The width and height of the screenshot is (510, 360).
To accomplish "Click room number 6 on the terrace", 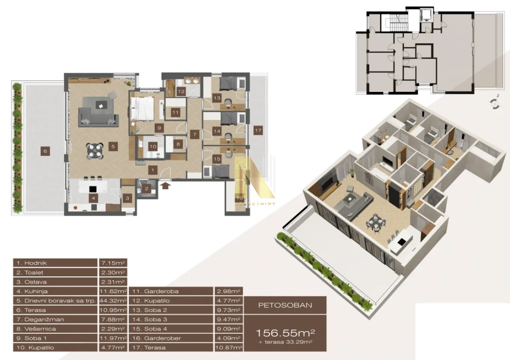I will click(x=44, y=150).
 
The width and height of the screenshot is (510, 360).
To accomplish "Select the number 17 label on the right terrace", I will click(x=258, y=130).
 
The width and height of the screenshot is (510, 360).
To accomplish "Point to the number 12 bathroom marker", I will click(x=181, y=91).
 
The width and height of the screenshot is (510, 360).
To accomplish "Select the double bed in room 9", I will click(x=142, y=109).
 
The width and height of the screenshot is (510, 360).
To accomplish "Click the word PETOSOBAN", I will click(x=285, y=305).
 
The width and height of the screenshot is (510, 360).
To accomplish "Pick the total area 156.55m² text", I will click(x=285, y=332).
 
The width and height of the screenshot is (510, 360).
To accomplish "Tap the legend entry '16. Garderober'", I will click(x=170, y=338).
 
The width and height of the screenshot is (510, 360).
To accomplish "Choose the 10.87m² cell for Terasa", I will click(x=229, y=348).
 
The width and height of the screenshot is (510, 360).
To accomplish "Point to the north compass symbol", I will click(x=494, y=102).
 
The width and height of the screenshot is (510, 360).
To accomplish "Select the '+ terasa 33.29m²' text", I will click(x=285, y=342).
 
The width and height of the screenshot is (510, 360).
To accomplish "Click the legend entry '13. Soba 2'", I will click(x=170, y=310).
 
